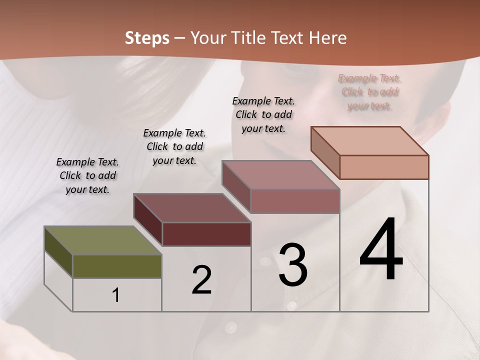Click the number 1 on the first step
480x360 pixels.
point(116,295)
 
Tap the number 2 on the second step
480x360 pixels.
point(201,280)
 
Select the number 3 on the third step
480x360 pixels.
point(293,265)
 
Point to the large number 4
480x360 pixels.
point(381,250)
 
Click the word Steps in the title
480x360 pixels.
point(147,38)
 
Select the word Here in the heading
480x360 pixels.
point(328,38)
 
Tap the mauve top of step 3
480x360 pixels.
point(280,175)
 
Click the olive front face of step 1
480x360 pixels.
point(117,266)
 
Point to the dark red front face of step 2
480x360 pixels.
point(206,234)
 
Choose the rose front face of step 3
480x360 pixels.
point(295,201)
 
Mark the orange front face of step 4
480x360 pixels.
point(384,167)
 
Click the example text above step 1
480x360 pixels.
point(87,176)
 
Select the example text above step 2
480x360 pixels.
point(174,147)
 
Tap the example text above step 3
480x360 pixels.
point(263,114)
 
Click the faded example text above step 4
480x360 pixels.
point(369,92)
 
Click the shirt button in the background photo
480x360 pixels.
point(230,327)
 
